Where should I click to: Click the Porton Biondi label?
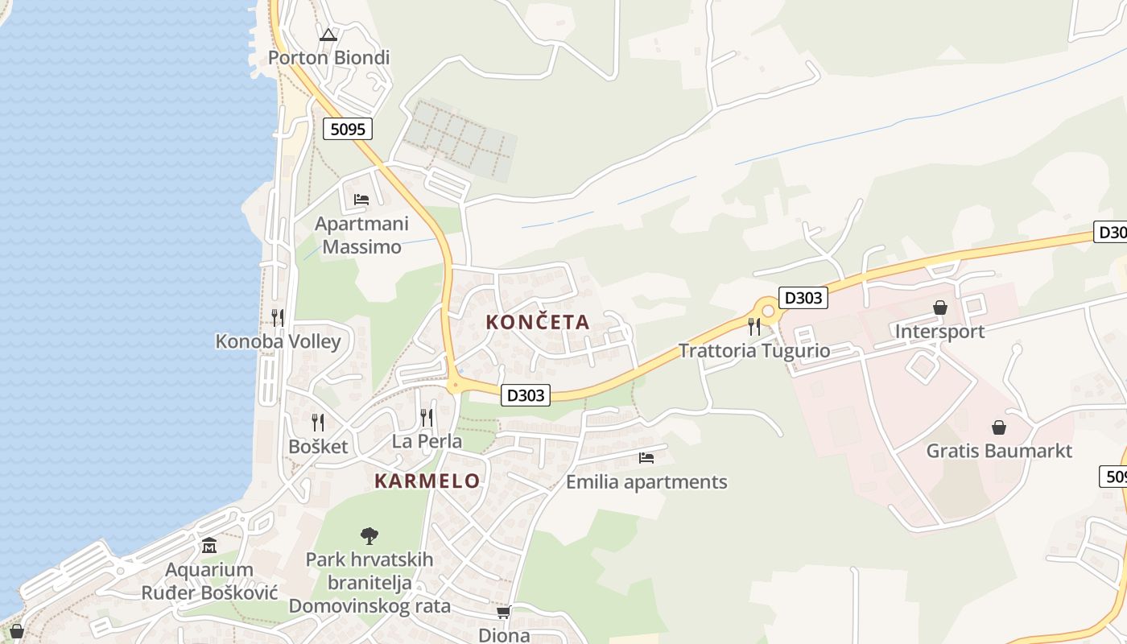coord(328,57)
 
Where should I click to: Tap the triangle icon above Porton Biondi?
coord(327,35)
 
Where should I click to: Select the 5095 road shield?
coord(348,129)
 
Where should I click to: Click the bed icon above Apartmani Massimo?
coord(361,199)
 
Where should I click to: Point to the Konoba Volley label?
coord(278,341)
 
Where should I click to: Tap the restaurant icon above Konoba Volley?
coord(278,317)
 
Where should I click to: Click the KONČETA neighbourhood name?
coord(538,322)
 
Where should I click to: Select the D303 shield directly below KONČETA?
coord(526,395)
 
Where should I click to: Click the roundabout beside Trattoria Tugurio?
coord(768,311)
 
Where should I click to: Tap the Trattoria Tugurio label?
coord(753,351)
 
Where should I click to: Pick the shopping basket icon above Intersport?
coord(939,308)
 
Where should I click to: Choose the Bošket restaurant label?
coord(318,446)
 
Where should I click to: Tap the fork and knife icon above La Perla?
coord(427,417)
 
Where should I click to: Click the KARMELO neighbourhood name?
coord(427,481)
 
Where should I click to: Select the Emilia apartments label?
coord(646,482)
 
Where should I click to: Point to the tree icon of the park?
coord(369,535)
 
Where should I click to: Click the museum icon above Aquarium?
coord(209,546)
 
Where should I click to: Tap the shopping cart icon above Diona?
coord(504,613)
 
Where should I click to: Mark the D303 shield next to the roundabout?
coord(803,298)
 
